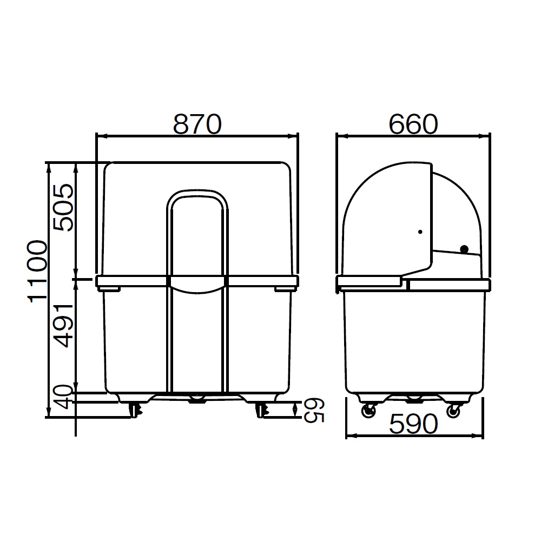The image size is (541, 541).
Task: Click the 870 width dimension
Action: pos(197,124)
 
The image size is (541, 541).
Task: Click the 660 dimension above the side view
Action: pos(413,124)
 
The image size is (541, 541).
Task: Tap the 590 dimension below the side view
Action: pos(413,424)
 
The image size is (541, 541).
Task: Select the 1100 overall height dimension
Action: pos(37,271)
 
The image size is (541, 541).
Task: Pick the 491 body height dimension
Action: pos(64,325)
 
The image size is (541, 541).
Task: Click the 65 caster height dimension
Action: pos(314,410)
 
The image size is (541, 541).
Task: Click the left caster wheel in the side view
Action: pos(368,411)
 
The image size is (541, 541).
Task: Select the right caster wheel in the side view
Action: pos(454,411)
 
